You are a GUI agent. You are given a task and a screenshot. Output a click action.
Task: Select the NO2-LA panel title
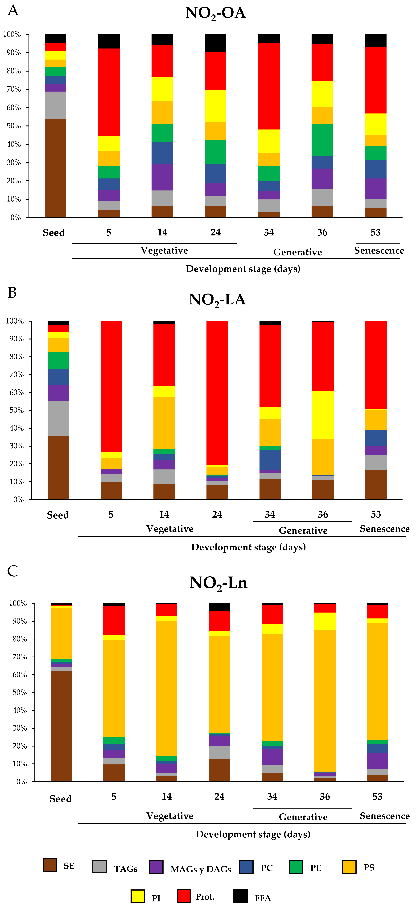pyautogui.click(x=217, y=300)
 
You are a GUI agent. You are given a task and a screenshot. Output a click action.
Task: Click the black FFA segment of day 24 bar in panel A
pyautogui.click(x=216, y=43)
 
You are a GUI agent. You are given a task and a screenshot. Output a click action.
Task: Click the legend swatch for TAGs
pyautogui.click(x=99, y=866)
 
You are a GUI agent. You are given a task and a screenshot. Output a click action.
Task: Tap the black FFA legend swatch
pyautogui.click(x=240, y=896)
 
